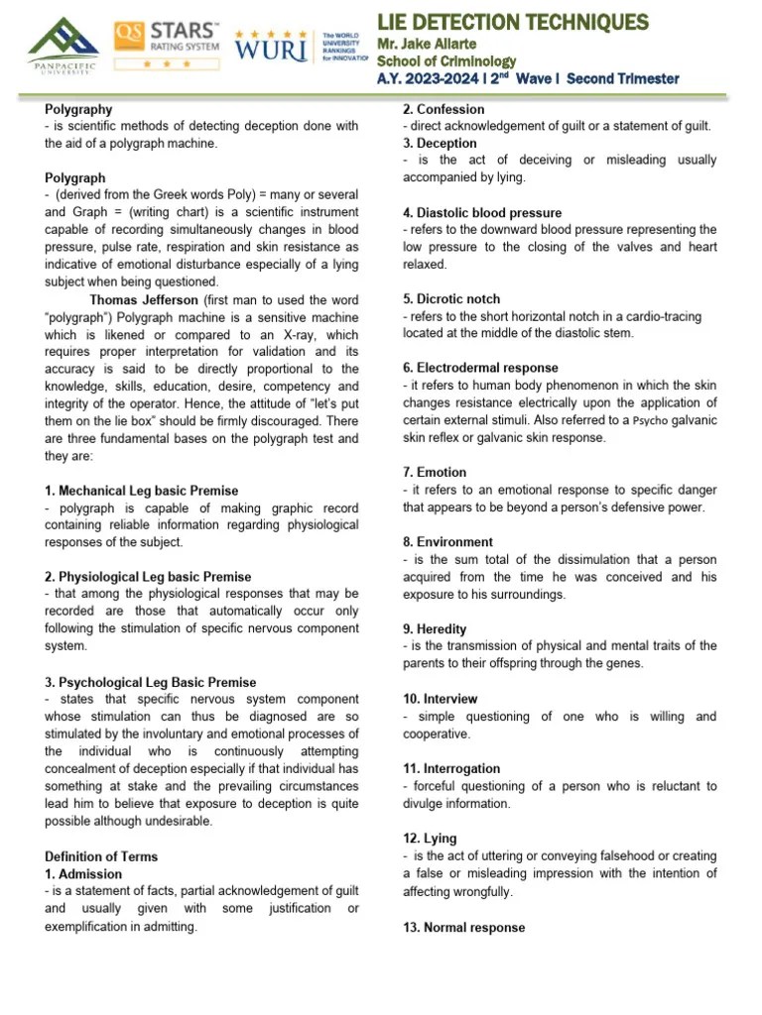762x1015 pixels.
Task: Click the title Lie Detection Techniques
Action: pyautogui.click(x=513, y=22)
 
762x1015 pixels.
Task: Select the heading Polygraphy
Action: pyautogui.click(x=78, y=110)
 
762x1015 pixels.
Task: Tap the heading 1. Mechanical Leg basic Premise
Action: pyautogui.click(x=141, y=491)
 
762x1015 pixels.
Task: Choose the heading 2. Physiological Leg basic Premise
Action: pyautogui.click(x=148, y=577)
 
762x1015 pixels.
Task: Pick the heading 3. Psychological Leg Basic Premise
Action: pyautogui.click(x=150, y=682)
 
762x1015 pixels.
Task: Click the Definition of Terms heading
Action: pyautogui.click(x=101, y=856)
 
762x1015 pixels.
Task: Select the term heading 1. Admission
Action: pyautogui.click(x=83, y=874)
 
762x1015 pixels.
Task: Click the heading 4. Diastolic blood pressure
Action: pyautogui.click(x=482, y=213)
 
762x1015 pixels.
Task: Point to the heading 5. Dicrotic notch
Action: pyautogui.click(x=451, y=299)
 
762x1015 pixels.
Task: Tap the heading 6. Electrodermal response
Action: pyautogui.click(x=480, y=368)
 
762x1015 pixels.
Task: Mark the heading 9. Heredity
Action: pyautogui.click(x=435, y=628)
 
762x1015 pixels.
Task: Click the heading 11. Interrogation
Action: pyautogui.click(x=451, y=768)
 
